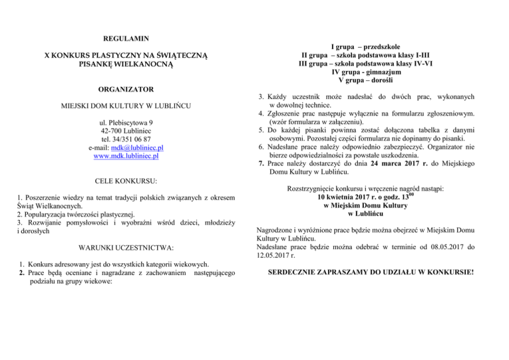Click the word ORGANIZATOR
[x=125, y=88]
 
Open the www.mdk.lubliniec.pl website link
[x=126, y=156]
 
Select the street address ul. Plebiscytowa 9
[x=125, y=123]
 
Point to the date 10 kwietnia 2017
[x=346, y=197]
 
